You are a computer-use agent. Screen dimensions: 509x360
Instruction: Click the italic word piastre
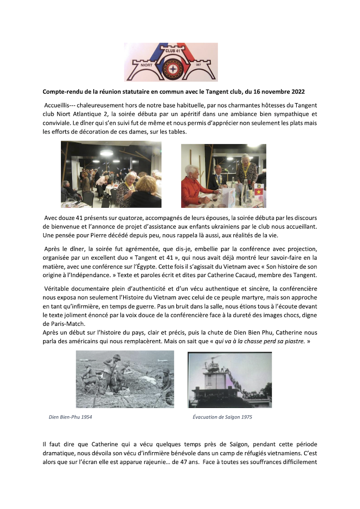click(x=297, y=341)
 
